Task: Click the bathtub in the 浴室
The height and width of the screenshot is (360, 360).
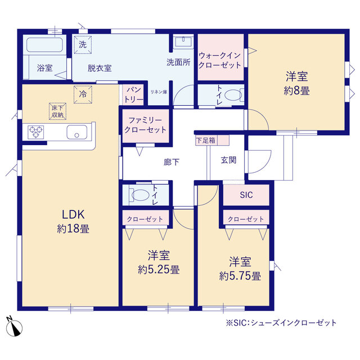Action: click(45, 44)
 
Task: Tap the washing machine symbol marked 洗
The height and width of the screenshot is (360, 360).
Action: click(83, 44)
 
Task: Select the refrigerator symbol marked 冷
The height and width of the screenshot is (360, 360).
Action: click(83, 94)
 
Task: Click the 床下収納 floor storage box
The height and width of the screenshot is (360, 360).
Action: click(57, 111)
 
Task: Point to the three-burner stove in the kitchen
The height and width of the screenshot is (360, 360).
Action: click(36, 132)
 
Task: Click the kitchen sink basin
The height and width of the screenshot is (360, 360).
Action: click(77, 132)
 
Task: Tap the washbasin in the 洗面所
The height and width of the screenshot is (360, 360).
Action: click(183, 42)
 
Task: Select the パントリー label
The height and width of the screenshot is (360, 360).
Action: click(134, 94)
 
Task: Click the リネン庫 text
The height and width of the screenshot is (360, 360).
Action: click(159, 92)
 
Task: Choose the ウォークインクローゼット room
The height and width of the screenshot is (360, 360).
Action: click(220, 57)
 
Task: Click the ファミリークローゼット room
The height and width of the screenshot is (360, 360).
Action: click(146, 126)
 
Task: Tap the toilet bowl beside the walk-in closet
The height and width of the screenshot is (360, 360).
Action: click(233, 95)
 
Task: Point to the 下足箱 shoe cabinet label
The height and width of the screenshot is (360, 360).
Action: click(206, 140)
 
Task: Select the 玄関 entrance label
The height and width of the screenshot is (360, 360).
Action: click(228, 160)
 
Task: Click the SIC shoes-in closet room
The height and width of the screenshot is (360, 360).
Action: click(246, 195)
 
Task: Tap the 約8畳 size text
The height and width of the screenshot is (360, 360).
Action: click(296, 91)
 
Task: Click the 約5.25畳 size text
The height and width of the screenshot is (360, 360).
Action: click(159, 269)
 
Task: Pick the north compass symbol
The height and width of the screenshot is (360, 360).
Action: click(15, 327)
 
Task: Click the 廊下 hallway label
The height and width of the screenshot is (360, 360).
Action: click(172, 162)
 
